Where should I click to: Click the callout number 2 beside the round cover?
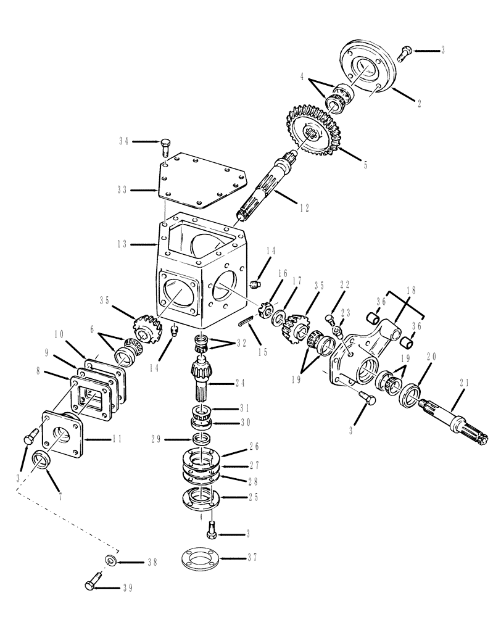(419, 104)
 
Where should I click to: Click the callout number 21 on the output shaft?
(465, 382)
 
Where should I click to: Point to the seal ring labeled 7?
(40, 460)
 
